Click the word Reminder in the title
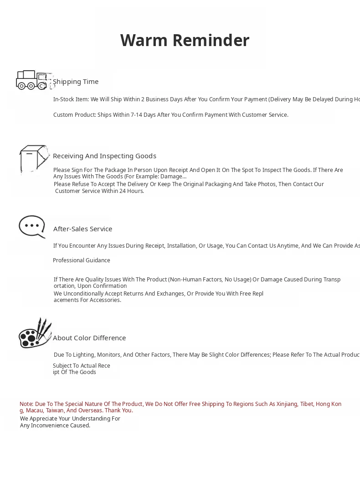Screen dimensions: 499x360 point(211,40)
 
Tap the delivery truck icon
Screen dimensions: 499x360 point(33,80)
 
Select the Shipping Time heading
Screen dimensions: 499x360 point(76,82)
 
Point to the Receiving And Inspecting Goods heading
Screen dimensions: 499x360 point(104,156)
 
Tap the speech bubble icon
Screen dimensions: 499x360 point(32,226)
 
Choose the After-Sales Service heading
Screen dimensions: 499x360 point(82,229)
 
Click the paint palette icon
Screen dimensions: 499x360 point(34,333)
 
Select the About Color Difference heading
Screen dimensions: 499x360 point(89,338)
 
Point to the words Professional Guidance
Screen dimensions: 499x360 point(82,260)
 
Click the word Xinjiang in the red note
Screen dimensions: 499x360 point(287,404)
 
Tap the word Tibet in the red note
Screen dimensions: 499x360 point(307,404)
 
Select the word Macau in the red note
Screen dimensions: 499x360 point(34,411)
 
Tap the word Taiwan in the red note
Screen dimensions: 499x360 point(55,411)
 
